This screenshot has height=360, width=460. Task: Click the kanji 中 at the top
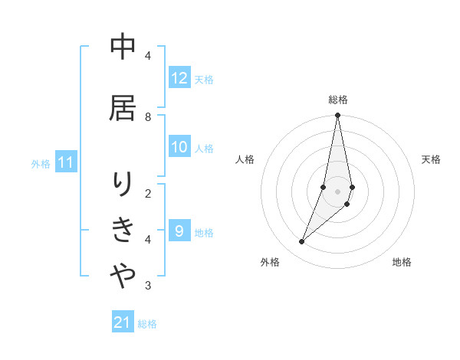pyautogui.click(x=123, y=47)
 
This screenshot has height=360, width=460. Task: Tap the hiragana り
pyautogui.click(x=123, y=185)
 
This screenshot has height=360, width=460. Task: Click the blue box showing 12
pyautogui.click(x=179, y=78)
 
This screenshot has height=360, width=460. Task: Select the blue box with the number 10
pyautogui.click(x=179, y=148)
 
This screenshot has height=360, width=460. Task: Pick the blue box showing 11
pyautogui.click(x=66, y=162)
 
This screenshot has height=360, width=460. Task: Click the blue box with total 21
pyautogui.click(x=123, y=322)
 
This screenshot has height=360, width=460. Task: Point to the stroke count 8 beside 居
pyautogui.click(x=148, y=116)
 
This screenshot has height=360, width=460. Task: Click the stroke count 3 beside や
pyautogui.click(x=148, y=286)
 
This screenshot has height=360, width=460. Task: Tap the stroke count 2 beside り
pyautogui.click(x=148, y=193)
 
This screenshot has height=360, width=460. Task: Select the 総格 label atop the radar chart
pyautogui.click(x=338, y=100)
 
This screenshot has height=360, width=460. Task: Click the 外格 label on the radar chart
pyautogui.click(x=270, y=262)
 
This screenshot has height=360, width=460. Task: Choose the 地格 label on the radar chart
pyautogui.click(x=402, y=262)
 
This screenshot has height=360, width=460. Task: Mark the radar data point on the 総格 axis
pyautogui.click(x=337, y=116)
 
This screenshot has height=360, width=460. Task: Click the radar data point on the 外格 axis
pyautogui.click(x=301, y=242)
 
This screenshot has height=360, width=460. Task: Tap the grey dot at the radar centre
pyautogui.click(x=337, y=191)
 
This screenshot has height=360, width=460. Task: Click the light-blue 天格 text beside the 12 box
pyautogui.click(x=203, y=79)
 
